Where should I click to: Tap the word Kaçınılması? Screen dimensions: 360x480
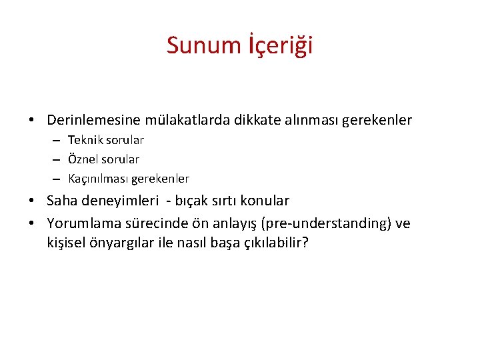coord(98,179)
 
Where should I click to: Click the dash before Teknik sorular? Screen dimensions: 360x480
coord(58,140)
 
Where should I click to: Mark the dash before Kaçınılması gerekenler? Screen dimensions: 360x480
coord(58,179)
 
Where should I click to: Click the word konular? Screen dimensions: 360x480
coord(265,201)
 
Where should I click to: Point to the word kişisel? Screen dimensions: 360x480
coord(66,242)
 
